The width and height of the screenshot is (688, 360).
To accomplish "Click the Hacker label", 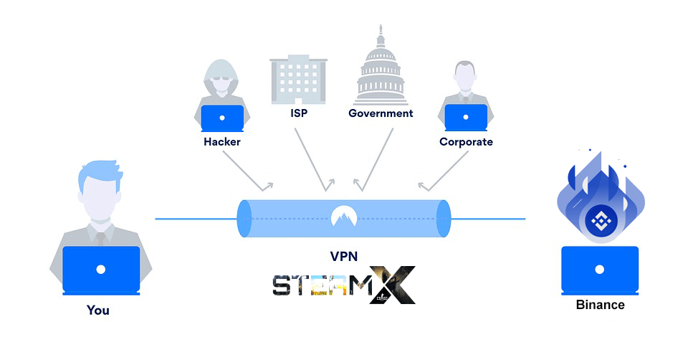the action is (222, 142).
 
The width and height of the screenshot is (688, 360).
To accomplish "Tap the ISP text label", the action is (299, 113).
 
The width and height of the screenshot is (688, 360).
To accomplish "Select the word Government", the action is (381, 113).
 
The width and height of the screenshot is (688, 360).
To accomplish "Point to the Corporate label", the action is (466, 142).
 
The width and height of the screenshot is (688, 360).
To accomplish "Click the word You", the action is (98, 311).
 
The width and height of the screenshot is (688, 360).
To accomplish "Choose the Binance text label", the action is (601, 305).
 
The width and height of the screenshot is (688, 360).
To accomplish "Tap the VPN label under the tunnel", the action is (343, 256).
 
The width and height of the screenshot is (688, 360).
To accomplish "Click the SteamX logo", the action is (343, 285).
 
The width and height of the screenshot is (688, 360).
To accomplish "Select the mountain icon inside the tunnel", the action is (343, 216).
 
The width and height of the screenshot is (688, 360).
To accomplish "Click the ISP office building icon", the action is (298, 80).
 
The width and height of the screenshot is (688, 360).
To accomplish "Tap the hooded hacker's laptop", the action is (222, 118).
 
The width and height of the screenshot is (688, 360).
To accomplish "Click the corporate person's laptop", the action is (466, 118).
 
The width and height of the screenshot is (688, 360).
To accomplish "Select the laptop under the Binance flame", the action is (600, 270).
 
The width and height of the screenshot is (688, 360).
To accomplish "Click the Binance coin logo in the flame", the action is (601, 222).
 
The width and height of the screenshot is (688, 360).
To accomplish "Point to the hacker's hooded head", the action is (222, 79).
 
